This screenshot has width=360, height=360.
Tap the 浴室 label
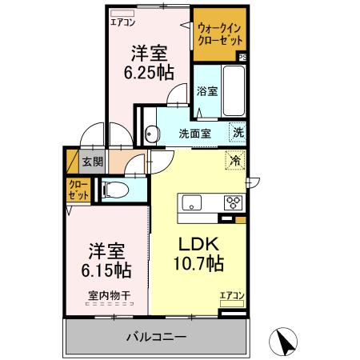206,91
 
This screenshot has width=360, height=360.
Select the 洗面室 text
194,134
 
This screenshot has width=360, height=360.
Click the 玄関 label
93,162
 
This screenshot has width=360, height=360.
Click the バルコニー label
157,337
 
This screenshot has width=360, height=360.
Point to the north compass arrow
285,341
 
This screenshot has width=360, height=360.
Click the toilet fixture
114,190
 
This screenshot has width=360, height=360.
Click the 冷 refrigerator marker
236,160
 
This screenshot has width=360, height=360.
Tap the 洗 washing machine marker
238,132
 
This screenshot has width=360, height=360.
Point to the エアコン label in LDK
231,297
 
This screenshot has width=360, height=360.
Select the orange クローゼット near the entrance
78,191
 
